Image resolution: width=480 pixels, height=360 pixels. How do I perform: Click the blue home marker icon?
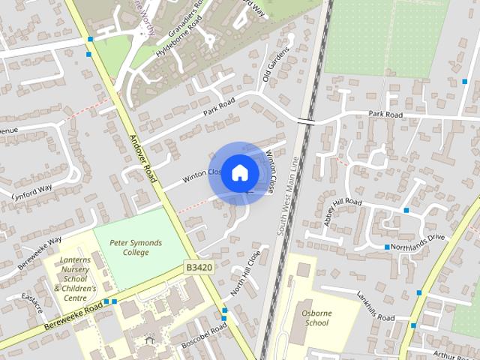239,173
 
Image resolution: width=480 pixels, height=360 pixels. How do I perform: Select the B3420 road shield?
197,267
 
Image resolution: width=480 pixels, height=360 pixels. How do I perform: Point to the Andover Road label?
142,158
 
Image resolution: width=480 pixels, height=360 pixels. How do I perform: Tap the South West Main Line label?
288,196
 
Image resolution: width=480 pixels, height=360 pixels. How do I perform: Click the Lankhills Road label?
375,306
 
